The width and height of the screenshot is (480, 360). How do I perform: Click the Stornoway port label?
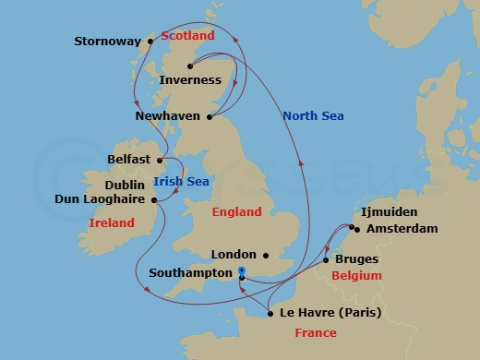tap(108, 42)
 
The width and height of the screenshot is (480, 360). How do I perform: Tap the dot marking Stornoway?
tap(150, 42)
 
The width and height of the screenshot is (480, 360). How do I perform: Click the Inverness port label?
tap(190, 80)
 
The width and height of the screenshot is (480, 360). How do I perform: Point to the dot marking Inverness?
tap(189, 66)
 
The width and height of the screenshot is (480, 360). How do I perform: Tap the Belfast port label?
tap(129, 160)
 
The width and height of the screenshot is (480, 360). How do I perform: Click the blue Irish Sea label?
tap(181, 181)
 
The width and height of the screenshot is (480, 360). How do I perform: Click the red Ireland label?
tap(112, 222)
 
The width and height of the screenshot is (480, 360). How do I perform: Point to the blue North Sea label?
tap(313, 115)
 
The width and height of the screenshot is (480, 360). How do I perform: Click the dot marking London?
tap(266, 255)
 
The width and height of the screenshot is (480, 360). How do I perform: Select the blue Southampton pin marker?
tap(241, 270)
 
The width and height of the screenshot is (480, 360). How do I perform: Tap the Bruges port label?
tap(359, 260)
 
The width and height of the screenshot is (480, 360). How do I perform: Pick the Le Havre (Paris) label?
tap(330, 312)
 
